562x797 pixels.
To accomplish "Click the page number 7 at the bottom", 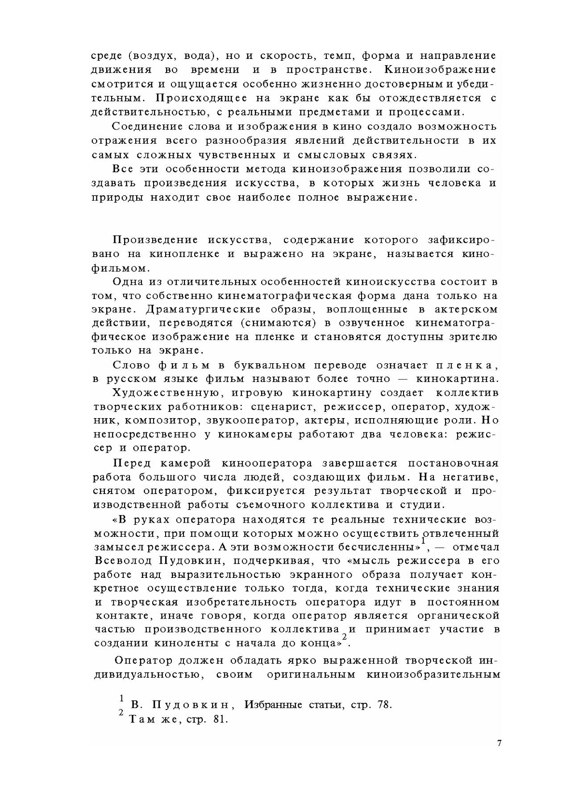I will pos(499,743).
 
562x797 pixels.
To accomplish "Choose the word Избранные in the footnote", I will pos(274,705).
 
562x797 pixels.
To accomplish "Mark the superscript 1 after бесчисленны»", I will pos(423,541).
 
